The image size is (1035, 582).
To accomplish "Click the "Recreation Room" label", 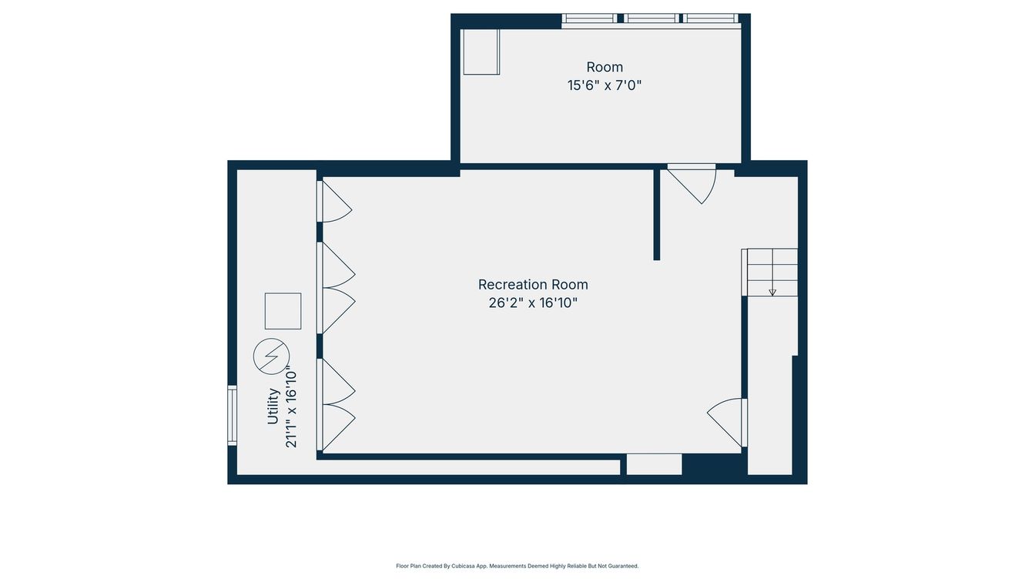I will coord(533,285).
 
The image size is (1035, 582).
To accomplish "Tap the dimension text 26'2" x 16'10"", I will coord(533,303).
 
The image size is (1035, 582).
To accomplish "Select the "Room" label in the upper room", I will coord(605,67).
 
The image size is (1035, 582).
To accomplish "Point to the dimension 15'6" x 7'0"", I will coord(605,85).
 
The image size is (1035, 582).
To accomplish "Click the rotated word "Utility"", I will coord(273,406).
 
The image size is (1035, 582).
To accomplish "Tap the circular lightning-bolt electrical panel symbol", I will coord(271,356).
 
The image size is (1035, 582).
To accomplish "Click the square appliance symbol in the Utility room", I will coord(283,311).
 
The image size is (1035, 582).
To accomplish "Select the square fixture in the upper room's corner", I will coord(481,52).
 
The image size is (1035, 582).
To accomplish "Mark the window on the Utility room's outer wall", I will coord(232,415).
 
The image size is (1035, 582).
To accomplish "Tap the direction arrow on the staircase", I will coord(772,292).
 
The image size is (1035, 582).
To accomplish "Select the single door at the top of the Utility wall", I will coord(334,202).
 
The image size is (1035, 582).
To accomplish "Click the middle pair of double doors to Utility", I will coord(337,288).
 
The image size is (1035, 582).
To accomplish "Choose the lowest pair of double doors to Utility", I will coord(337,404).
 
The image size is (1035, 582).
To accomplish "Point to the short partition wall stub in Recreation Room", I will coord(657,214).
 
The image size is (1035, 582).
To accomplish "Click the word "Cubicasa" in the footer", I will coord(462,566).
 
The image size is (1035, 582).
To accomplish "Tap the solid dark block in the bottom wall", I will coord(713,465).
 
